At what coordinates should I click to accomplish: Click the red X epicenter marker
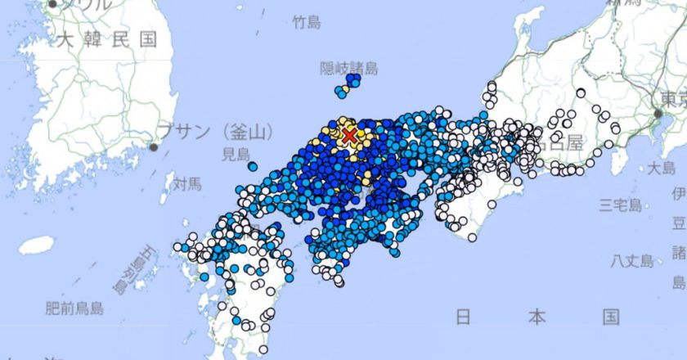(x=350, y=135)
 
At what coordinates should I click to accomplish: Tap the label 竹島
(x=308, y=23)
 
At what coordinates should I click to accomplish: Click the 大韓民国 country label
(x=101, y=38)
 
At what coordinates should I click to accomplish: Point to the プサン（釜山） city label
(x=216, y=131)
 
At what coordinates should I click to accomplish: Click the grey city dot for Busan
(x=153, y=147)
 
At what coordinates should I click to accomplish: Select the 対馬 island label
(x=186, y=184)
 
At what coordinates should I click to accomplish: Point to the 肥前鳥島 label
(x=74, y=308)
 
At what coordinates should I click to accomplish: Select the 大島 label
(x=661, y=169)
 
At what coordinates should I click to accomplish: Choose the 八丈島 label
(x=634, y=260)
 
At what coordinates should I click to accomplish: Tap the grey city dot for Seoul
(x=52, y=4)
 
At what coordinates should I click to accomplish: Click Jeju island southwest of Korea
(x=36, y=245)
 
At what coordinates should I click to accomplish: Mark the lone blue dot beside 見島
(x=253, y=167)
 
